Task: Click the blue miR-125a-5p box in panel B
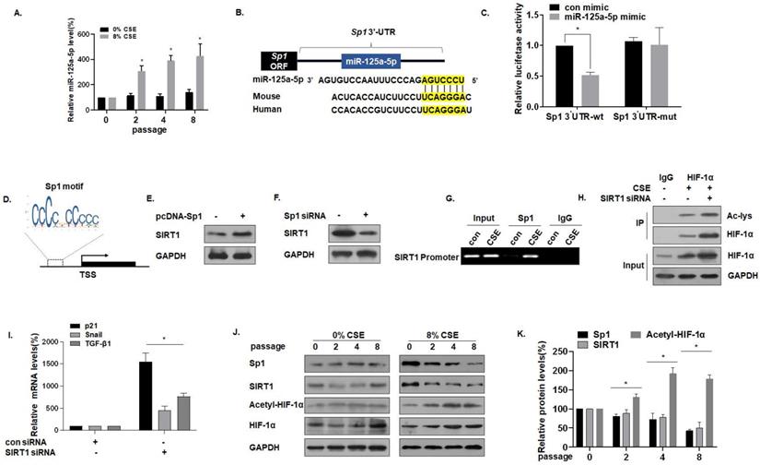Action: tap(376, 62)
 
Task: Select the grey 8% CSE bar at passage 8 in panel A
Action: tap(199, 84)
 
